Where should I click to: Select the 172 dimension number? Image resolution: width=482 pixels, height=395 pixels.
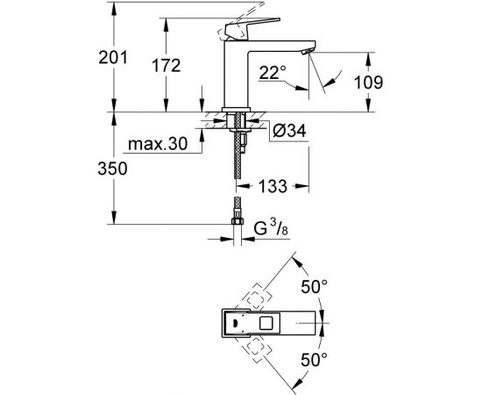[x=165, y=65]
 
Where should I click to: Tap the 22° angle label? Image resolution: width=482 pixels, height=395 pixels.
[x=273, y=75]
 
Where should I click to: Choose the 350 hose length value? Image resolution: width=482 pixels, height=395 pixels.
[x=113, y=168]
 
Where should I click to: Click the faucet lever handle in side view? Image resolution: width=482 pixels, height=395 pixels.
[x=234, y=25]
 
